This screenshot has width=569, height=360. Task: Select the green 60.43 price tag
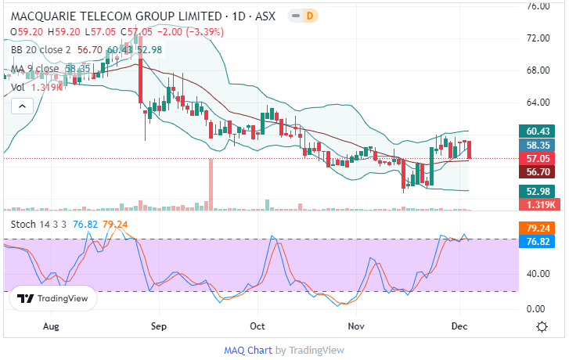tap(539, 131)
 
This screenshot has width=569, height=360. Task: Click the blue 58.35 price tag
tap(539, 145)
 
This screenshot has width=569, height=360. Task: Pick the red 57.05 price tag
tap(539, 158)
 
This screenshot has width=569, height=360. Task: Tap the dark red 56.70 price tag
tap(539, 171)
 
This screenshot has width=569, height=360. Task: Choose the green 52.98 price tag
tap(539, 191)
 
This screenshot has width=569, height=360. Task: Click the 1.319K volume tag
tap(539, 204)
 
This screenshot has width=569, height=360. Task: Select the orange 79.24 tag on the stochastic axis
tap(539, 229)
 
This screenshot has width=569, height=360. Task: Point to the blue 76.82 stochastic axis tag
tap(539, 242)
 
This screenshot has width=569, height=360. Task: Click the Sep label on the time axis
tap(159, 326)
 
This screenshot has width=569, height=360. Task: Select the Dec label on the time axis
tap(460, 326)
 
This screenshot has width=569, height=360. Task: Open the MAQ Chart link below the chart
tap(247, 350)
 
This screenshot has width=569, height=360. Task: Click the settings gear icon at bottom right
tap(541, 326)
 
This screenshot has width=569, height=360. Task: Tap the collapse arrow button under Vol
tap(20, 106)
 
